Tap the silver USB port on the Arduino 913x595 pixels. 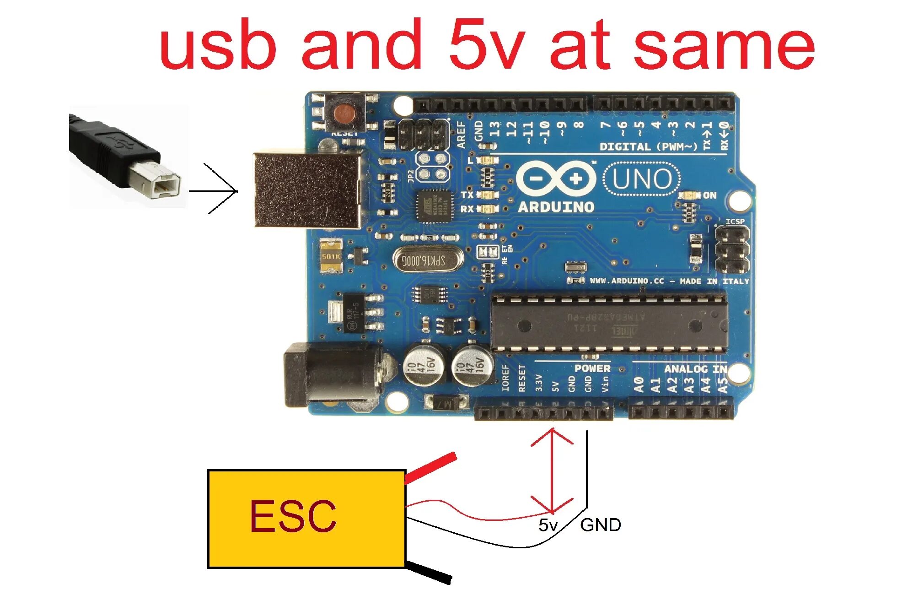coord(306,189)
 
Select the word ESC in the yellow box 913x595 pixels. coord(293,516)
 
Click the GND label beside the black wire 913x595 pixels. coord(600,525)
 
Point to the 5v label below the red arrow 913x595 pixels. coord(548,525)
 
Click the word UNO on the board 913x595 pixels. coord(642,179)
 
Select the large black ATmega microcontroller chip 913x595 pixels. coord(608,323)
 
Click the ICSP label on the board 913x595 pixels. coord(735,222)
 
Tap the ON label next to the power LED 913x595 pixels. coord(709,195)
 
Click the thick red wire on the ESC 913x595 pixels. coord(430,467)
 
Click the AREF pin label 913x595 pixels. coord(462,134)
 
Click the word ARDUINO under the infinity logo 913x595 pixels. coord(556,207)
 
